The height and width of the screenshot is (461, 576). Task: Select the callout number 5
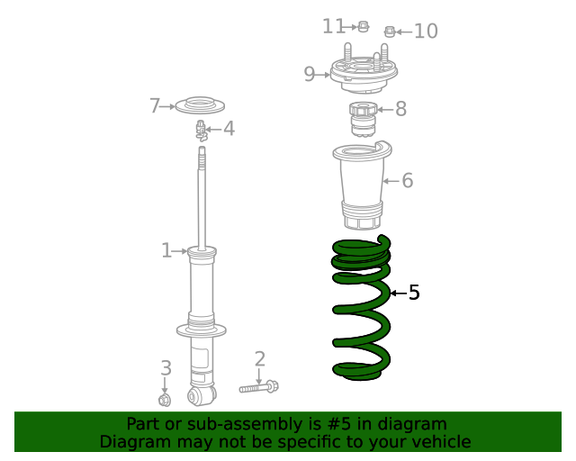click(414, 293)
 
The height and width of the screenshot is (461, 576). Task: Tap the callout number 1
click(166, 250)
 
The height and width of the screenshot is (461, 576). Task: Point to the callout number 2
click(260, 360)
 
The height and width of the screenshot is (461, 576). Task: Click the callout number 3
click(166, 367)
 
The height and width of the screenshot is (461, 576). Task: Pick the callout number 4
click(229, 129)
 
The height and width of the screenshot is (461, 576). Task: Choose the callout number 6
click(407, 181)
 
